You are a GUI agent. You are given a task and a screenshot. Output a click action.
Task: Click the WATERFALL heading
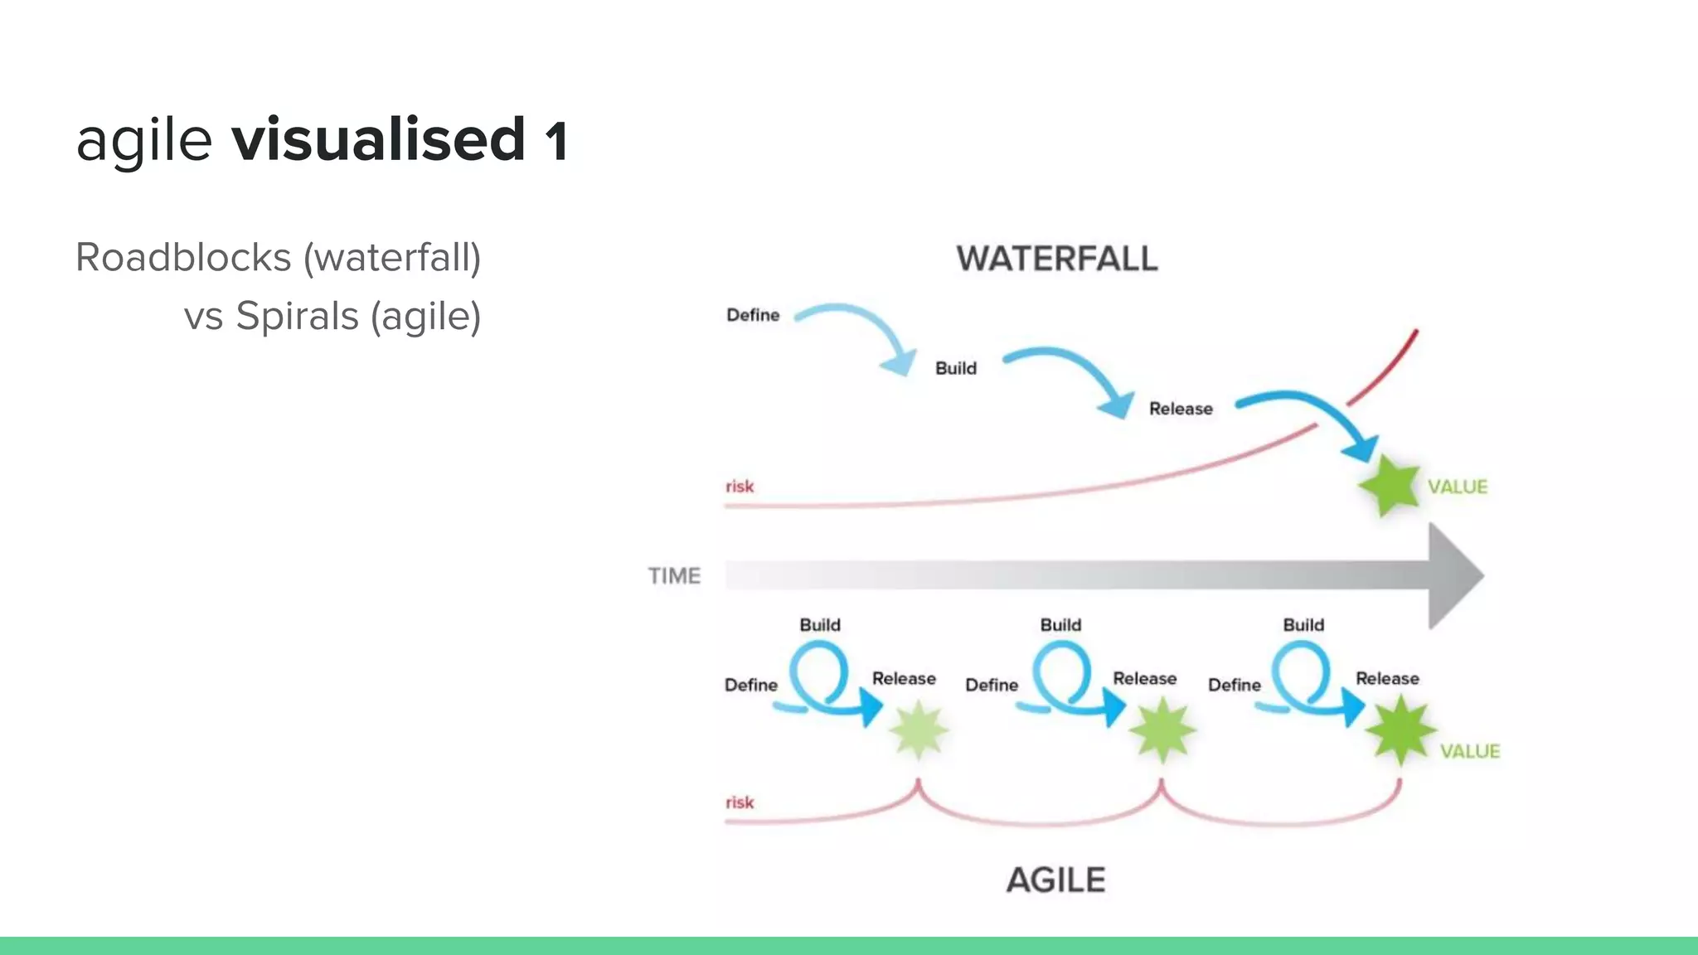pos(1056,259)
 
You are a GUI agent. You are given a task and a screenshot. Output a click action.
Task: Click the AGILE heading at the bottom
pos(1055,880)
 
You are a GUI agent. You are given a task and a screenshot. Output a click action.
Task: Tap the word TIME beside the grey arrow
pos(674,575)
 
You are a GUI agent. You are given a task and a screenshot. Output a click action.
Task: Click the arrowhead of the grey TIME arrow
pos(1455,575)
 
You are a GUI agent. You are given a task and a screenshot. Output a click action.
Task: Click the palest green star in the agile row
pos(918,730)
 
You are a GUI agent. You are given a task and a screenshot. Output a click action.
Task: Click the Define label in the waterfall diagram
pos(753,315)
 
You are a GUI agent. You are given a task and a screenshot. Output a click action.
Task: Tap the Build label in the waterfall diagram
pos(956,368)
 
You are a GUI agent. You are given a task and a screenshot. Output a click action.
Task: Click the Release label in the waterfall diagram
pos(1181,409)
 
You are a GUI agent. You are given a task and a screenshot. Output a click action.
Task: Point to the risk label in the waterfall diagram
pos(740,487)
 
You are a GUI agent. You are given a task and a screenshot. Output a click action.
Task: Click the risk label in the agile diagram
pos(740,802)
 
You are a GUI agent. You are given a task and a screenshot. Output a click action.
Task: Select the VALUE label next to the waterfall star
pos(1458,487)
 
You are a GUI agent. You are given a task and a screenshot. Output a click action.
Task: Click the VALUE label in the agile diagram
pos(1470,751)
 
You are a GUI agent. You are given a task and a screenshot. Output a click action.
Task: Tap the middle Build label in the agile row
pos(1060,625)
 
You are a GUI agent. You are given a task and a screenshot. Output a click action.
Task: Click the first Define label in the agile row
pos(751,685)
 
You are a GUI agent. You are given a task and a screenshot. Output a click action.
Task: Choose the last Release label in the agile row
pos(1387,678)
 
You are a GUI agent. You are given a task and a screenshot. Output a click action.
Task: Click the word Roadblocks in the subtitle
pos(183,257)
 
